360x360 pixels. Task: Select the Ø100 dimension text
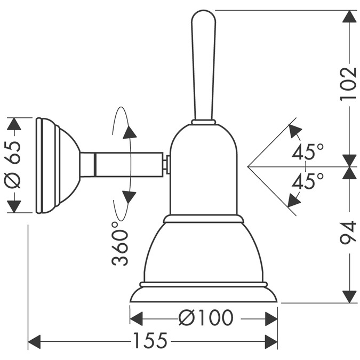206,318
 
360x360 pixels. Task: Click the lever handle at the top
204,64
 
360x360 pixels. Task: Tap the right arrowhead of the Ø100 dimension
271,319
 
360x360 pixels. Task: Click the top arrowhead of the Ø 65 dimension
14,124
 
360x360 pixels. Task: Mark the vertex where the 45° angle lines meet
248,166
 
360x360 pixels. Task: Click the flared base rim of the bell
203,294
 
